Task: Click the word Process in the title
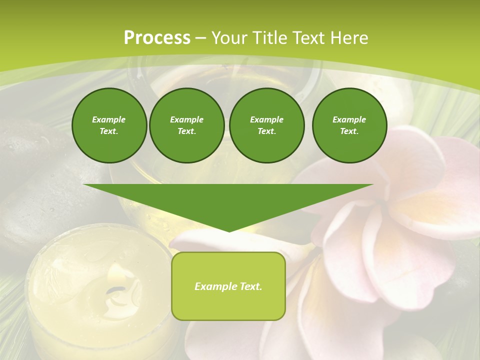157,38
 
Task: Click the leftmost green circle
109,125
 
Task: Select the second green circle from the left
187,125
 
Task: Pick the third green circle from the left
266,125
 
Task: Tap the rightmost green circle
349,125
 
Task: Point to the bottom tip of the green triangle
228,231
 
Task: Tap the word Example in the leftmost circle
109,119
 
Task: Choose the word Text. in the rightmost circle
349,131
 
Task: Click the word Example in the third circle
266,119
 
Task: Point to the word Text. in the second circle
187,131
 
